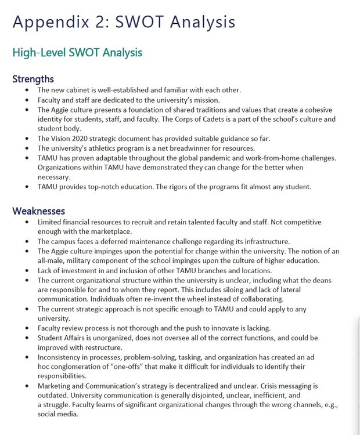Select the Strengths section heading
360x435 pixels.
(x=33, y=79)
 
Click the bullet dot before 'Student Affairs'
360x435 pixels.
(x=28, y=338)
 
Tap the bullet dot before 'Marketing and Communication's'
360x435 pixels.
(x=28, y=386)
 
